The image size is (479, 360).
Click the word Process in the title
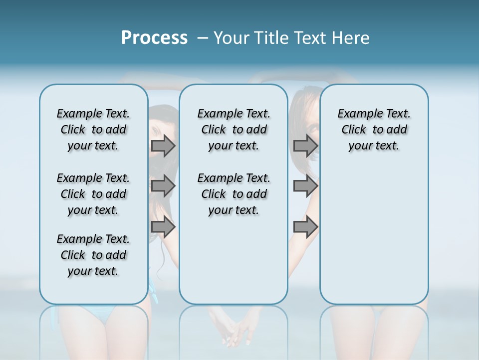pos(154,38)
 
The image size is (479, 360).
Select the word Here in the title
pos(350,38)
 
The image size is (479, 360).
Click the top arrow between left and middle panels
pos(163,146)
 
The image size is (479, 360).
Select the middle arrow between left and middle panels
pos(163,186)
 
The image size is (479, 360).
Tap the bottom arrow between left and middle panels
pos(163,226)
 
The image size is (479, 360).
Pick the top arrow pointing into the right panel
pos(305,146)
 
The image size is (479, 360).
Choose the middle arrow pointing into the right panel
pos(305,186)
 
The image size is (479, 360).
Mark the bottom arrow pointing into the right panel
pos(305,226)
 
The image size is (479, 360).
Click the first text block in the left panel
pos(93,129)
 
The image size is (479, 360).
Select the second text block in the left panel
pos(93,194)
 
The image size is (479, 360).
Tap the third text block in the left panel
pos(93,255)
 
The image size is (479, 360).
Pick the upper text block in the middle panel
pos(234,129)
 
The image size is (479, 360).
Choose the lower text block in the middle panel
pos(234,194)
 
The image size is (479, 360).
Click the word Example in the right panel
pos(356,114)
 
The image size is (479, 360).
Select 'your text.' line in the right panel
pos(374,146)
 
